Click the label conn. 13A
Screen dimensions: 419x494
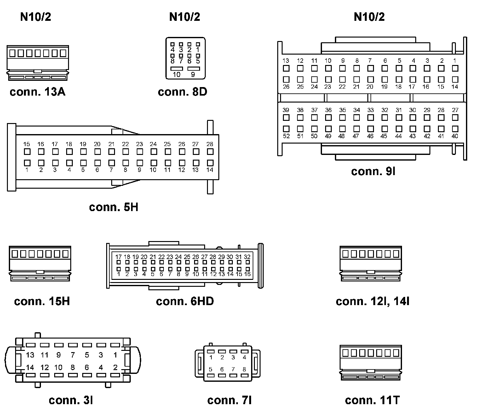37,92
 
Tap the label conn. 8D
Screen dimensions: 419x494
182,92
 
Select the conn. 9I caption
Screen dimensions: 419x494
373,171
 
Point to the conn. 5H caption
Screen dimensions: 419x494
113,207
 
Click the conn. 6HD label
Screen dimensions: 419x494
185,301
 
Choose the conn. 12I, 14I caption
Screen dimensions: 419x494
372,301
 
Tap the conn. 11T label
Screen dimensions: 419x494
372,400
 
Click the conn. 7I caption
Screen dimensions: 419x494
229,400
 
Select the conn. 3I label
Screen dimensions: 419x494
71,400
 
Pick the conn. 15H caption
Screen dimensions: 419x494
42,301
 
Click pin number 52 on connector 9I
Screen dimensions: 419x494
286,136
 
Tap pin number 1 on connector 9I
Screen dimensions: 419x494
455,61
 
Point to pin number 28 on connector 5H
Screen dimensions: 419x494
210,144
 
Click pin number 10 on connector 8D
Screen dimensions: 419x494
177,74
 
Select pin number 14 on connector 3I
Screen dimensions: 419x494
30,367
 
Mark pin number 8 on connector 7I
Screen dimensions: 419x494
244,369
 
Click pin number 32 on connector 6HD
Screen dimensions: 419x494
247,257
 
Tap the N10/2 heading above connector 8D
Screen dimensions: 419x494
185,17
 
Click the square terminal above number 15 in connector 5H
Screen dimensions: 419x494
27,151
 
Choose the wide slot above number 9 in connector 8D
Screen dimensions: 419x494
193,68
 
